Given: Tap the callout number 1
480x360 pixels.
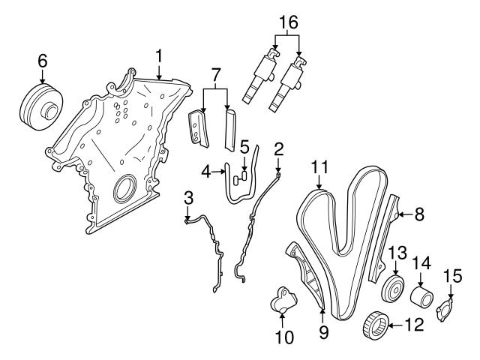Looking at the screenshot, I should tap(159, 55).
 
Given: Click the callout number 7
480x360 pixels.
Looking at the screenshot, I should tap(215, 76).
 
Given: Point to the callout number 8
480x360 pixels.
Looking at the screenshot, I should tap(419, 214).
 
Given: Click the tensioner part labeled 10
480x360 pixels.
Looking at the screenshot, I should tap(283, 304).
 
